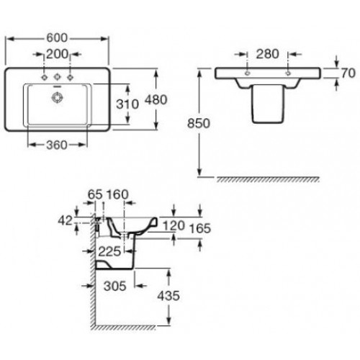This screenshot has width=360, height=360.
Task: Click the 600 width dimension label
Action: [x=57, y=38]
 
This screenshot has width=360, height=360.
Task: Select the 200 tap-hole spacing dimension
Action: [x=57, y=54]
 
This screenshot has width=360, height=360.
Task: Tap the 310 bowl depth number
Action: [x=127, y=104]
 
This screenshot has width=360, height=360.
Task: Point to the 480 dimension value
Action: [x=156, y=99]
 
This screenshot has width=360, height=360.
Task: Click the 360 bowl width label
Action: [x=57, y=145]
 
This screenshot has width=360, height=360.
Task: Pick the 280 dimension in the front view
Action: [x=267, y=54]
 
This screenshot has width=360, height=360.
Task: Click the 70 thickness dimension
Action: [x=348, y=73]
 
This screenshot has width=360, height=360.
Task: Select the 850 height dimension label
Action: [x=199, y=123]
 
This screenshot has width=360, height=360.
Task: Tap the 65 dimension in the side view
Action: [x=95, y=194]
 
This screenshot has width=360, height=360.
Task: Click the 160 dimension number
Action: [x=117, y=194]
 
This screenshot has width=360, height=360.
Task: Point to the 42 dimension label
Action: [x=65, y=220]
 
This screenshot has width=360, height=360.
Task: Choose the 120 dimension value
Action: [x=174, y=225]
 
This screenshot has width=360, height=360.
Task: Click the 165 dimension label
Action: [x=200, y=228]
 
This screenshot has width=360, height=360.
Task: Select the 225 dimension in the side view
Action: [x=109, y=251]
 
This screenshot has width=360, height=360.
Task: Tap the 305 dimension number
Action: [x=115, y=286]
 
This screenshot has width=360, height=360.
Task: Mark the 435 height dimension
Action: [x=168, y=296]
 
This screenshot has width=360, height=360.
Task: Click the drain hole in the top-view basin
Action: [x=58, y=97]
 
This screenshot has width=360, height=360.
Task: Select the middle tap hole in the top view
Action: [x=57, y=77]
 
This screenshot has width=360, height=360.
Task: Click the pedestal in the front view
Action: [x=267, y=104]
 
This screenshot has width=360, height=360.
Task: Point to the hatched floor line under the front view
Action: [x=268, y=179]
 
